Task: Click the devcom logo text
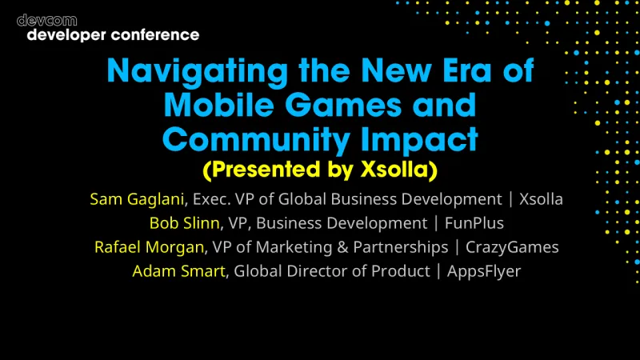coord(46,20)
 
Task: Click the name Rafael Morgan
coord(149,247)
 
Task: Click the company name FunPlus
coord(475,223)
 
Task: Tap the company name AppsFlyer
coord(484,271)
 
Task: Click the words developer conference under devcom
coord(112,35)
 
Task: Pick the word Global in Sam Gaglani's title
coord(301,199)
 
